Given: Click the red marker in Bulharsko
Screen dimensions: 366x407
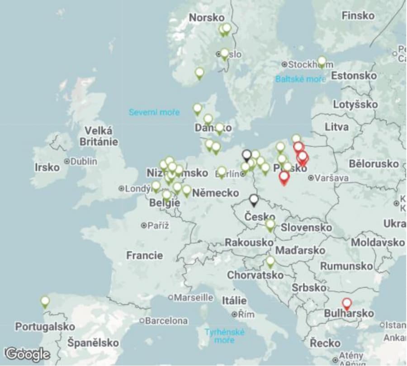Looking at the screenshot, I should click(347, 303).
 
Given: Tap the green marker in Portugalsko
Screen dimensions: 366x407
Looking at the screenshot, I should click(45, 301).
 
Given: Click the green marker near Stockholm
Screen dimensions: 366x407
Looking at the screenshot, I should click(322, 61).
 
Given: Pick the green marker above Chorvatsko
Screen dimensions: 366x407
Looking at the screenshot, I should click(270, 261).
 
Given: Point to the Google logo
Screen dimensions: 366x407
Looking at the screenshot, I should click(28, 354).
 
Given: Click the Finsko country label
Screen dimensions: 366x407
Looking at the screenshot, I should click(358, 16).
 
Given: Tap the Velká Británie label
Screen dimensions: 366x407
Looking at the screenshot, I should click(99, 136).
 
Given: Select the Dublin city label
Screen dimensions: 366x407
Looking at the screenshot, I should click(84, 161).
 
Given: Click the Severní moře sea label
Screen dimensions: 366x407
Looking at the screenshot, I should click(154, 112).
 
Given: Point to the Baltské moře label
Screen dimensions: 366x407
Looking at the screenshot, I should click(300, 79).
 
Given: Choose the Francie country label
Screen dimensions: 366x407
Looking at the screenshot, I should click(145, 255).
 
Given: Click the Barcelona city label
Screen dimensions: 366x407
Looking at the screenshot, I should click(166, 321).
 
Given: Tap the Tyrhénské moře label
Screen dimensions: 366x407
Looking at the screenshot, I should click(224, 336).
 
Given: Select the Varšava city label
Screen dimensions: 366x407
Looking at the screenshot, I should click(331, 178).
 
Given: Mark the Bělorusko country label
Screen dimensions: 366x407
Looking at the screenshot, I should click(374, 163).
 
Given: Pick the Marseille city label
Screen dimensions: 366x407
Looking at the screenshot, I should click(194, 298).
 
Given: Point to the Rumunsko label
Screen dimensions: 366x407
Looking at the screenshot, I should click(347, 266).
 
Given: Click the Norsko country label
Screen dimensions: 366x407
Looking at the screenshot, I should click(207, 18).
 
